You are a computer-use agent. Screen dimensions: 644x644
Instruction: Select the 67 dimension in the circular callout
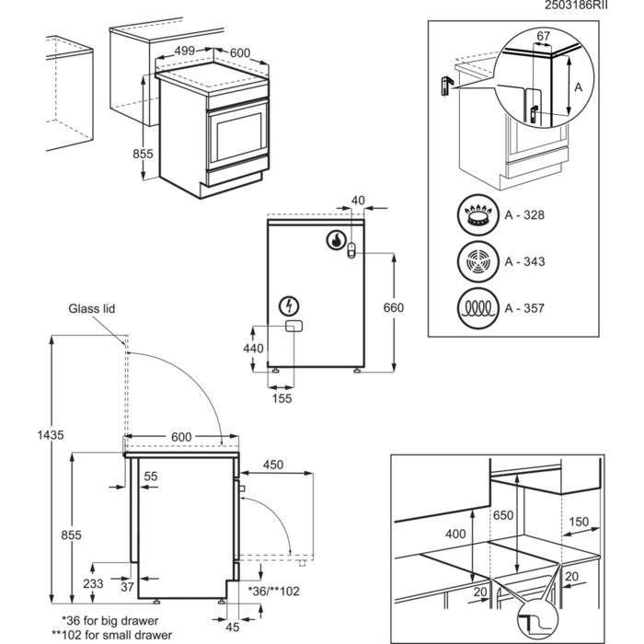(543, 35)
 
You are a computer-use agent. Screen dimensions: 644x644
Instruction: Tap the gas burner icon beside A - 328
(476, 216)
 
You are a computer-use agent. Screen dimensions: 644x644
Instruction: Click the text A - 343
(524, 262)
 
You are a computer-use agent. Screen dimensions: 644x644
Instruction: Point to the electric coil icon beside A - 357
(476, 306)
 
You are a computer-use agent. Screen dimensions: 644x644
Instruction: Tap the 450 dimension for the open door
(272, 466)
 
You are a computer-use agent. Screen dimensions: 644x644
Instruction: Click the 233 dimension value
(94, 582)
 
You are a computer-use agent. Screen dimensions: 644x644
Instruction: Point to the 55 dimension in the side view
(151, 476)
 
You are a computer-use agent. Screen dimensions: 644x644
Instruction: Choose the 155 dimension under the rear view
(282, 399)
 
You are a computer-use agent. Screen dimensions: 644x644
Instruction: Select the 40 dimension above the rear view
(358, 200)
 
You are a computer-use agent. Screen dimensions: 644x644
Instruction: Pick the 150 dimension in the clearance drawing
(579, 522)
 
